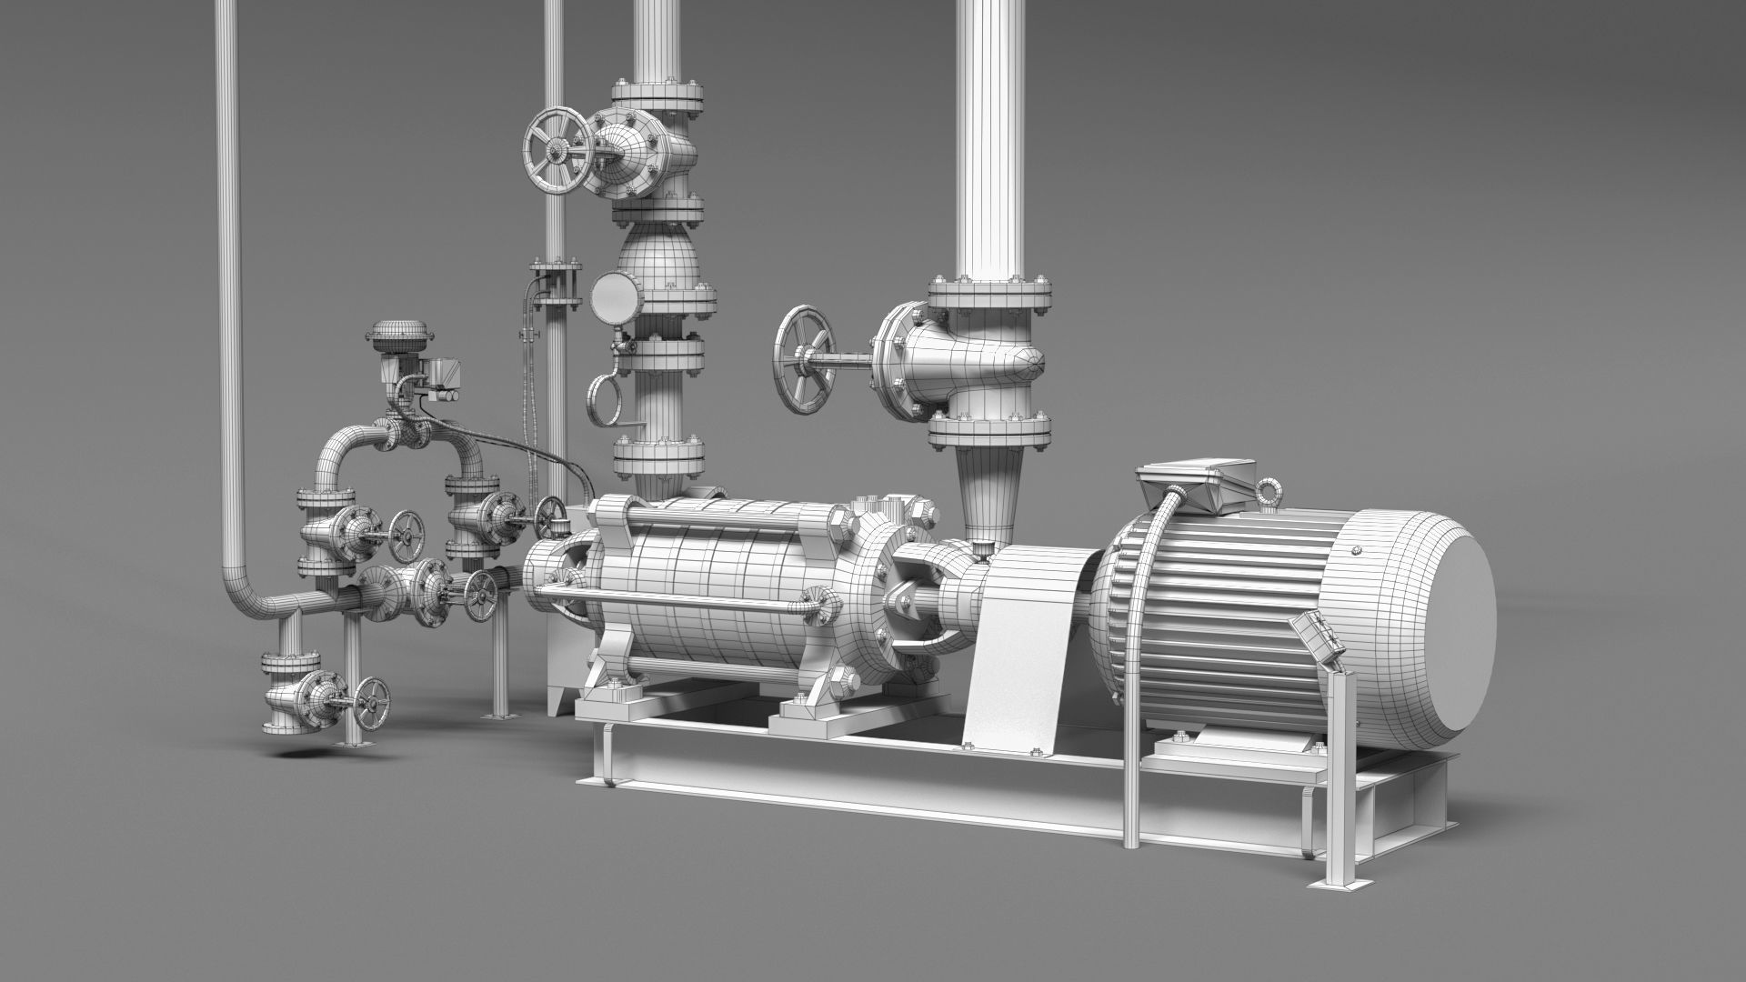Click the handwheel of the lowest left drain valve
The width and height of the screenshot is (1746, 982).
(372, 701)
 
